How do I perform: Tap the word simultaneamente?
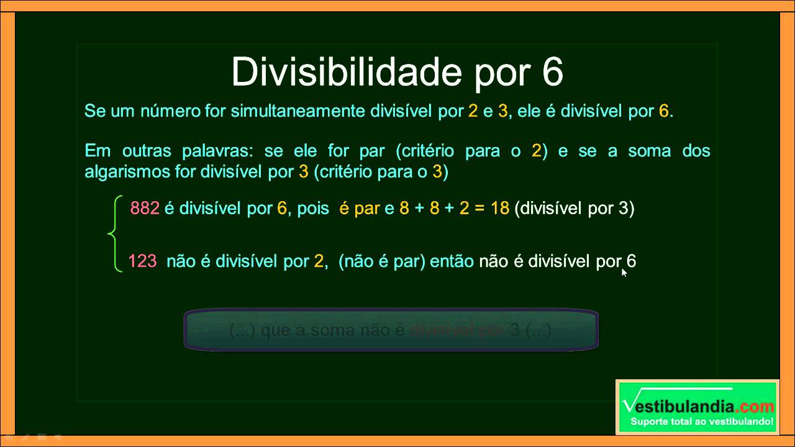[x=299, y=112]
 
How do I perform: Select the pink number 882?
[x=145, y=209]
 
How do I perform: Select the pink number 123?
[x=142, y=261]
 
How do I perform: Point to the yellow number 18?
[x=499, y=209]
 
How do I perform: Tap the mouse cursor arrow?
[x=624, y=271]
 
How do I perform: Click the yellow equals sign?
[x=479, y=209]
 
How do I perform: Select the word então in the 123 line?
[x=452, y=261]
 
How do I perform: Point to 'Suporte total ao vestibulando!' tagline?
[x=702, y=422]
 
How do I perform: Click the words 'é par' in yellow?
[x=360, y=209]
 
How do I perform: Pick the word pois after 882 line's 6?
[x=313, y=209]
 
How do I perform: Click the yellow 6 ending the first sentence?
[x=663, y=112]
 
